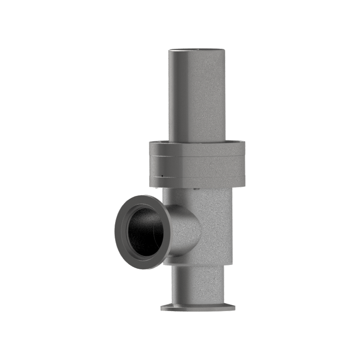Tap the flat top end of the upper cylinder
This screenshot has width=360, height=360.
coord(197,49)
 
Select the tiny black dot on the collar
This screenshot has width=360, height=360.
coord(162,175)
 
